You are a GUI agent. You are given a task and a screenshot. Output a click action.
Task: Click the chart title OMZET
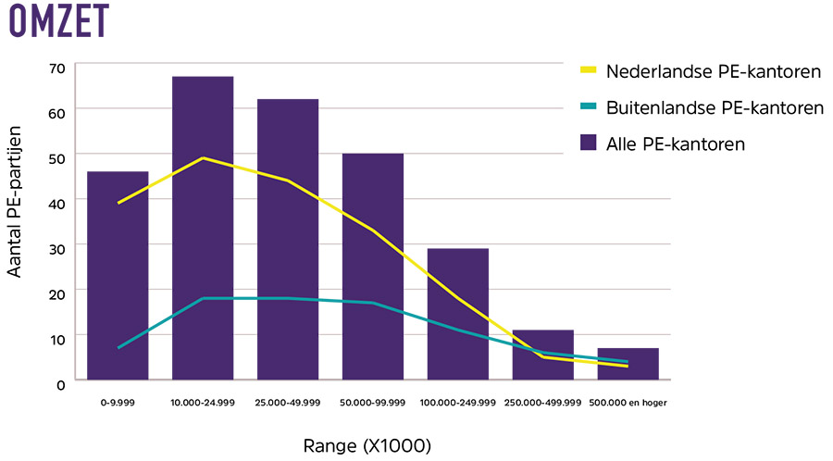coord(57,20)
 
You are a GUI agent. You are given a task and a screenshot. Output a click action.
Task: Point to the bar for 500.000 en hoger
coord(628,363)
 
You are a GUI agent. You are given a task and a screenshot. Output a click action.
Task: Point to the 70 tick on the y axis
coord(57,68)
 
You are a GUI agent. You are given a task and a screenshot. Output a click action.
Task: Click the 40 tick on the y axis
coord(57,202)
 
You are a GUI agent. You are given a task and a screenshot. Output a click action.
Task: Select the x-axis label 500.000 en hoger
coord(628,403)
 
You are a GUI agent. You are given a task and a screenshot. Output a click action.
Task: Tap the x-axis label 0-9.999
coord(118,403)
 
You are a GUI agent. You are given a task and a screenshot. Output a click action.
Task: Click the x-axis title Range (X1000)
coord(367,445)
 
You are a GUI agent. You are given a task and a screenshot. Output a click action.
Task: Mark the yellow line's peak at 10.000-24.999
coord(203,158)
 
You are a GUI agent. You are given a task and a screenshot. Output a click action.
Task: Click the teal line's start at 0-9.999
coord(118,347)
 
